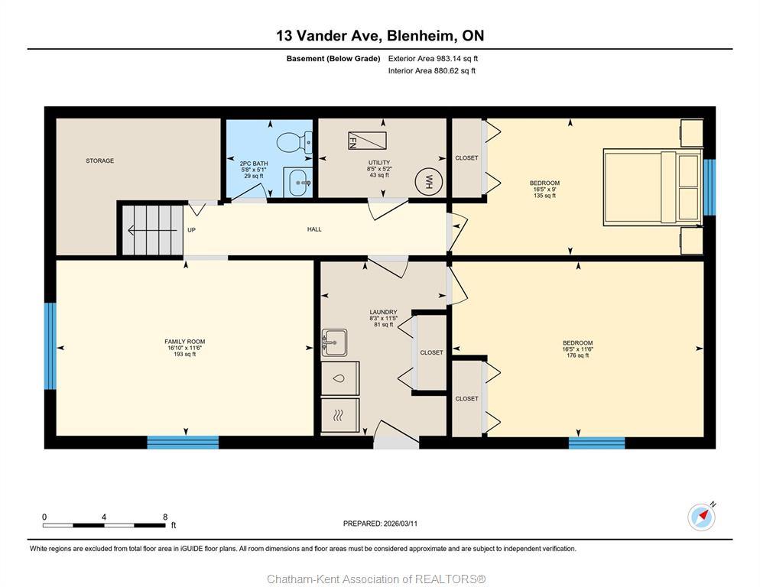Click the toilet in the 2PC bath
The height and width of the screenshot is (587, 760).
click(x=294, y=141)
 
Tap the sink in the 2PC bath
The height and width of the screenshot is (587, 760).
click(x=297, y=182)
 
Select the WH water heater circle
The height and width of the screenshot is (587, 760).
click(x=428, y=182)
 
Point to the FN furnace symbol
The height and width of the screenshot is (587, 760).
click(x=368, y=140)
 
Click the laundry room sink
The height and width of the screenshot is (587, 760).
click(x=334, y=342)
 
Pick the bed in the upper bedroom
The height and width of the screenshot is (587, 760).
click(x=652, y=187)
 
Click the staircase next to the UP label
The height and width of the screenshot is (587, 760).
click(x=152, y=230)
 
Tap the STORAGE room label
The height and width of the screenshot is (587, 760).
click(x=100, y=161)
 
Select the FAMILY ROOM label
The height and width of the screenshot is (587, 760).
click(x=185, y=341)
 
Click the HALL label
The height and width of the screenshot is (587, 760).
click(x=314, y=229)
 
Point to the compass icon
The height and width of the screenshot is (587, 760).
click(x=701, y=517)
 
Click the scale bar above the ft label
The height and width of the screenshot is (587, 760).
click(x=104, y=525)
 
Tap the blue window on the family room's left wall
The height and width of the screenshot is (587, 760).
click(x=50, y=346)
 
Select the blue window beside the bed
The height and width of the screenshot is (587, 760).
click(x=710, y=187)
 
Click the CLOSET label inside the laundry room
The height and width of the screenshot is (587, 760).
click(x=431, y=352)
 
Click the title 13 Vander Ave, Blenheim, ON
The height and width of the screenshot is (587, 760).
click(x=380, y=35)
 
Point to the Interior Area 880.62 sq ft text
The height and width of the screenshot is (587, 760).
click(x=432, y=71)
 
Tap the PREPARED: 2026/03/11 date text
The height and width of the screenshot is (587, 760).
click(x=380, y=524)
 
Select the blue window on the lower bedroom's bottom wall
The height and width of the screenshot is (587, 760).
click(x=596, y=443)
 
